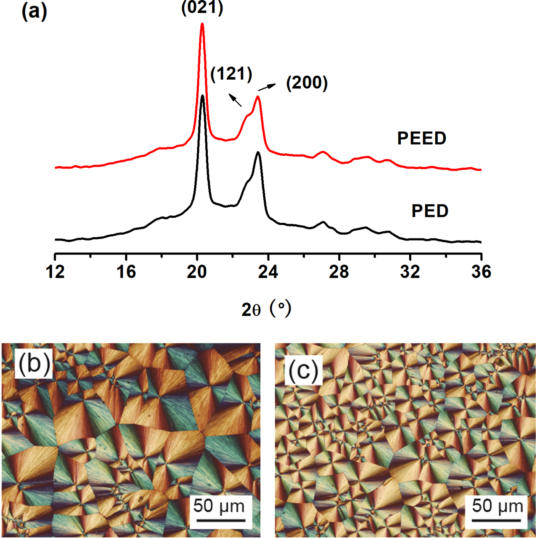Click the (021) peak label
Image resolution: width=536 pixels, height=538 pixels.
pyautogui.click(x=202, y=8)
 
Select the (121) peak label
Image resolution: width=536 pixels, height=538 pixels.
pyautogui.click(x=231, y=74)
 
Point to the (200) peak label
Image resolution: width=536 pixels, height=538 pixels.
pyautogui.click(x=307, y=83)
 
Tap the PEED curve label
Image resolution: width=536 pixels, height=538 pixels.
pyautogui.click(x=422, y=138)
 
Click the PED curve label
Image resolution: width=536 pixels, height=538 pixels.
pyautogui.click(x=430, y=211)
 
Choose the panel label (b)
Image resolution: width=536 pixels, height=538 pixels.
pyautogui.click(x=34, y=363)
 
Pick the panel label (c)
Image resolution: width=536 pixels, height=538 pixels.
pyautogui.click(x=303, y=370)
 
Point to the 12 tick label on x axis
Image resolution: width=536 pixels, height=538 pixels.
pyautogui.click(x=55, y=272)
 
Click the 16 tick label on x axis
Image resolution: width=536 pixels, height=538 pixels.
pyautogui.click(x=126, y=272)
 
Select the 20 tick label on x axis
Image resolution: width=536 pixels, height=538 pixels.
pyautogui.click(x=197, y=272)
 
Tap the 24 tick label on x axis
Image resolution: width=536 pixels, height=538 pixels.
pyautogui.click(x=268, y=272)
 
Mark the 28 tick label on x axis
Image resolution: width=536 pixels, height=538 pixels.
pyautogui.click(x=339, y=272)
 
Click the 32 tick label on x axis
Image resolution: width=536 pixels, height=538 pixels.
pyautogui.click(x=410, y=272)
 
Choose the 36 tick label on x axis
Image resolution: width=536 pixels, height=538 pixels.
pyautogui.click(x=481, y=272)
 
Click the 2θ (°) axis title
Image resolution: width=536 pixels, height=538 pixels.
pyautogui.click(x=266, y=309)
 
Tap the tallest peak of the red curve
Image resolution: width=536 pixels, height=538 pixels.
pyautogui.click(x=202, y=24)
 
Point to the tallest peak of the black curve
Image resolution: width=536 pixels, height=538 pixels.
pyautogui.click(x=203, y=96)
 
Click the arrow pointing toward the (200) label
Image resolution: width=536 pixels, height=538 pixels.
pyautogui.click(x=267, y=87)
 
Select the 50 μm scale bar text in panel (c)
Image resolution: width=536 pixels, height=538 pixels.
pyautogui.click(x=497, y=506)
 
